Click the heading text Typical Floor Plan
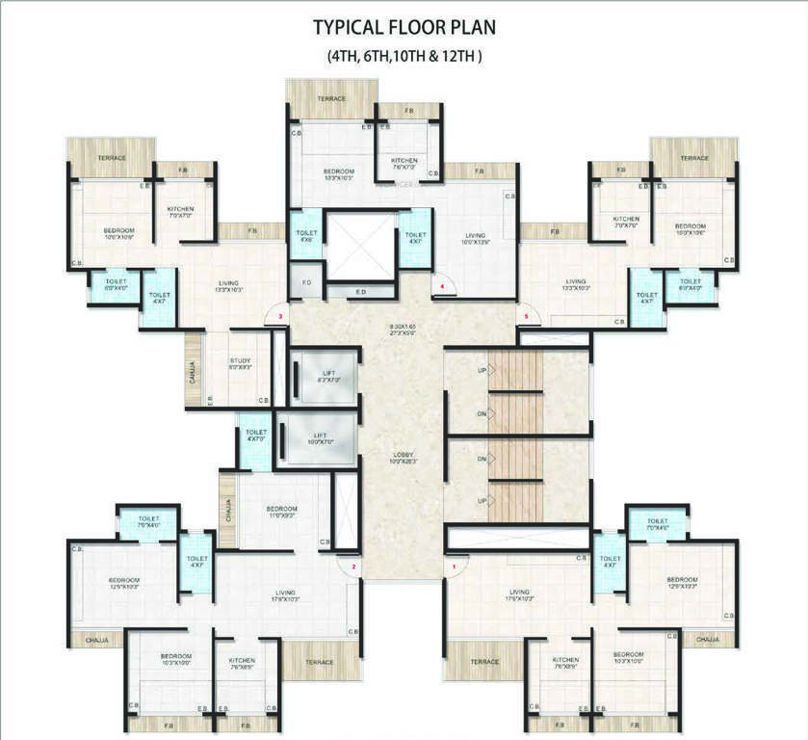tap(404, 26)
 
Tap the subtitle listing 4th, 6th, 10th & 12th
tap(404, 56)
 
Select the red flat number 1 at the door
tap(455, 568)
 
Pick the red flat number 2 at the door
tap(353, 568)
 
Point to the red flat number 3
tap(279, 315)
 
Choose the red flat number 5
tap(526, 315)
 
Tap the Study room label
tap(240, 363)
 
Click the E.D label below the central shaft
tap(360, 290)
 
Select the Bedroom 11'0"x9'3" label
tap(282, 512)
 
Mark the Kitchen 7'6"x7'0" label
tap(404, 162)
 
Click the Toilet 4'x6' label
tap(306, 236)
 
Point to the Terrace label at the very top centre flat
tap(331, 98)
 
